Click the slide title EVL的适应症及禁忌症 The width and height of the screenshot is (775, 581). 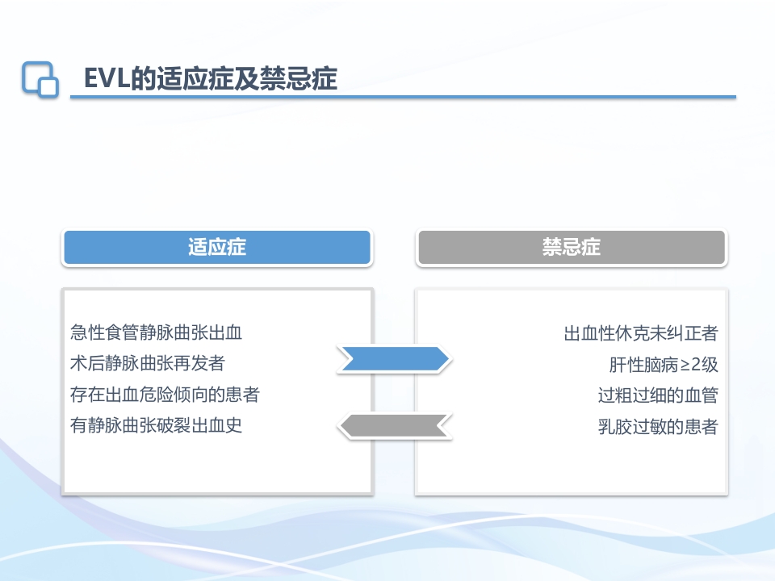click(x=210, y=79)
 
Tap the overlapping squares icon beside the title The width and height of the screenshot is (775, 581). click(x=40, y=79)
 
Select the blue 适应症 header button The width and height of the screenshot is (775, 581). click(x=216, y=247)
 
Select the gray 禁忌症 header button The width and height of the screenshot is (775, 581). click(x=571, y=247)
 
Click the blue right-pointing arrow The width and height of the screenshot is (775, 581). click(x=393, y=359)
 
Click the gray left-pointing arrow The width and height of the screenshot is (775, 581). click(x=393, y=425)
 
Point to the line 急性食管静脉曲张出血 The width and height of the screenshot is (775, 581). click(x=157, y=332)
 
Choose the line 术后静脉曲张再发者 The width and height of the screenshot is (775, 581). click(x=148, y=364)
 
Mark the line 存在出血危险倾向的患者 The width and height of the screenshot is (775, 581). click(x=165, y=395)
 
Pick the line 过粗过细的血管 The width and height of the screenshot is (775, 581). click(x=658, y=395)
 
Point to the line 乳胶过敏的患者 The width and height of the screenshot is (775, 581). click(x=658, y=427)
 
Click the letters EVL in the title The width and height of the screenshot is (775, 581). click(x=102, y=79)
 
